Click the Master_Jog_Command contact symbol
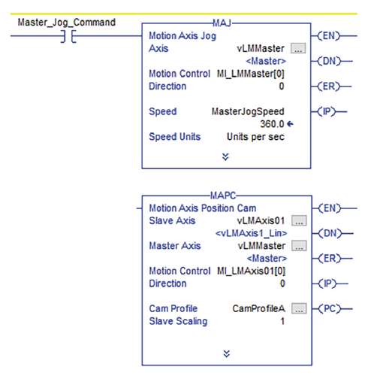pyautogui.click(x=68, y=36)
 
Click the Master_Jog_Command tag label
pyautogui.click(x=67, y=23)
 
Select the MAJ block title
pyautogui.click(x=222, y=23)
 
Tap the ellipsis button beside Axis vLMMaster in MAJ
pyautogui.click(x=298, y=48)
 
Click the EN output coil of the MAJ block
pyautogui.click(x=329, y=36)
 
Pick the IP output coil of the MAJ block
pyautogui.click(x=327, y=111)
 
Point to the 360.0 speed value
pyautogui.click(x=272, y=124)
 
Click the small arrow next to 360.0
pyautogui.click(x=290, y=124)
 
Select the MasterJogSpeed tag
pyautogui.click(x=248, y=111)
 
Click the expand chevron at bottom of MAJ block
pyautogui.click(x=225, y=157)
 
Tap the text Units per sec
pyautogui.click(x=255, y=137)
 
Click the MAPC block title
pyautogui.click(x=223, y=196)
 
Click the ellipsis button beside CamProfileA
pyautogui.click(x=299, y=308)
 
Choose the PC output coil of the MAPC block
pyautogui.click(x=330, y=308)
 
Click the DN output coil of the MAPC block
pyautogui.click(x=330, y=233)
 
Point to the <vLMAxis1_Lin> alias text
pyautogui.click(x=251, y=233)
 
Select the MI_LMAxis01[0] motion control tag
pyautogui.click(x=251, y=271)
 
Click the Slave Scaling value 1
pyautogui.click(x=282, y=321)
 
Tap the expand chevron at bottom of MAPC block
pyautogui.click(x=227, y=354)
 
